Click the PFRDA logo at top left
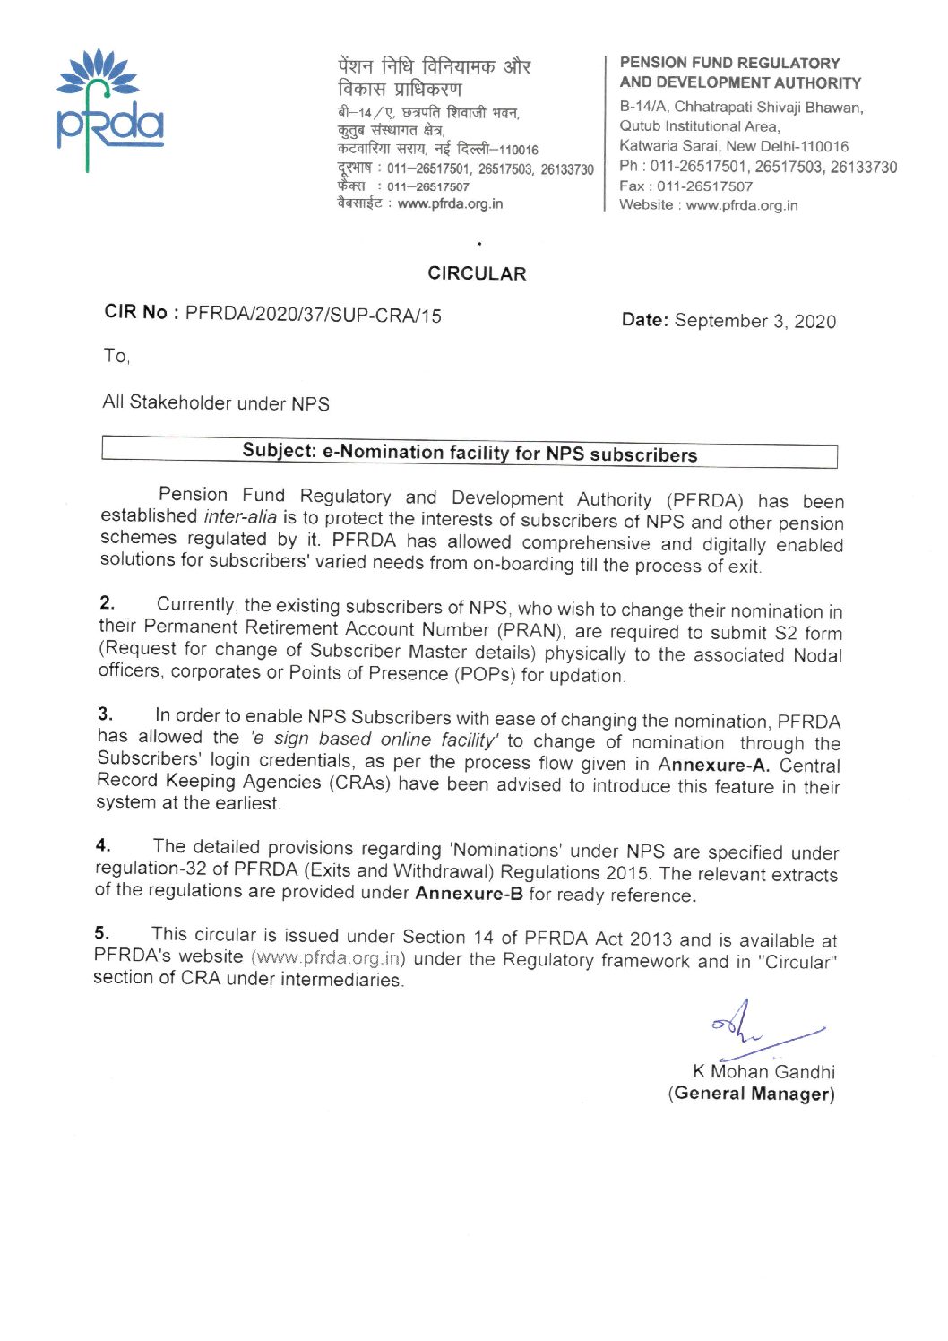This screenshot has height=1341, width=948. pos(109,109)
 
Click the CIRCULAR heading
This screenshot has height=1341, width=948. pos(477,274)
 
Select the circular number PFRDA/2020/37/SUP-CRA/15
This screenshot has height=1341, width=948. pos(313,315)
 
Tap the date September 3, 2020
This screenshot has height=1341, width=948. pos(754,321)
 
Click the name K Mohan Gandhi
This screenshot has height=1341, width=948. pos(763,1071)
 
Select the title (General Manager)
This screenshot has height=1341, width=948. pos(751,1094)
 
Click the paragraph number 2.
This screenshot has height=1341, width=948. pos(107,602)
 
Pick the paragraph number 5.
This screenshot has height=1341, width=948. pos(101,933)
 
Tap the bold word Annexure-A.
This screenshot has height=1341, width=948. pos(714,765)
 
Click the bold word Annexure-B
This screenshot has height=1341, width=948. pos(469,893)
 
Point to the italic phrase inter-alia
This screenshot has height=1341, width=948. pos(240,516)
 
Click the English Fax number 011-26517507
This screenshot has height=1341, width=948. pos(704,186)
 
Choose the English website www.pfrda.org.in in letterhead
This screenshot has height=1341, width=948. pos(741,205)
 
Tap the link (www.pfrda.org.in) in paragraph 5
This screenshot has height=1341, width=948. pos(328,957)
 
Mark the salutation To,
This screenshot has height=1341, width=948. pos(116,356)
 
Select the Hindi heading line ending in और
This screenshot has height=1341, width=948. pos(434,66)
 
